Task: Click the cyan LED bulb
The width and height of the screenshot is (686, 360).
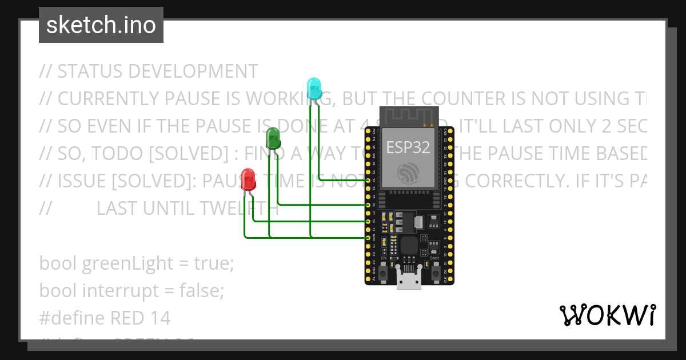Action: (x=314, y=89)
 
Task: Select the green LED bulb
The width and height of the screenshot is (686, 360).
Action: (x=273, y=138)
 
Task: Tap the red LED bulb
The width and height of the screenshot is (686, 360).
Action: (x=249, y=178)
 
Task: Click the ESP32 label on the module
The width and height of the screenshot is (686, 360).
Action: (x=409, y=147)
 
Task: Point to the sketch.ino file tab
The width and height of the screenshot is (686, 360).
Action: (x=101, y=25)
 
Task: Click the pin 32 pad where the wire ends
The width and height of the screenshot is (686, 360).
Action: (x=369, y=180)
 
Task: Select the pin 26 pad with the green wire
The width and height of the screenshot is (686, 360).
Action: (x=369, y=204)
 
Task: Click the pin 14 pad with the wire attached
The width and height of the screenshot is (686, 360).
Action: (x=369, y=221)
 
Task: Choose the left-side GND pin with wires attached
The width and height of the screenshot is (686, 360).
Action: (x=369, y=237)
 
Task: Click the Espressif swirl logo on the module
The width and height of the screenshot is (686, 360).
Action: (x=409, y=172)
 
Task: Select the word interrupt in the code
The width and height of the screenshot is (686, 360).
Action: (x=120, y=291)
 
